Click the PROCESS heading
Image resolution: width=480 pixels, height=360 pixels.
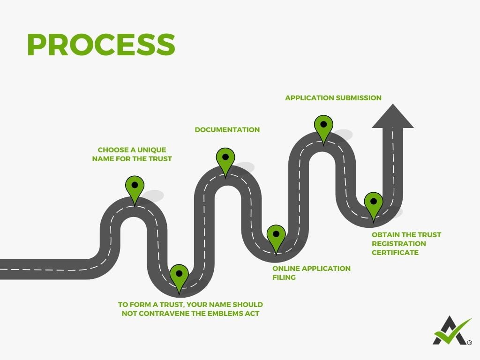tap(101, 45)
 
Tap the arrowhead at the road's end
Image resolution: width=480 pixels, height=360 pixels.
tap(393, 117)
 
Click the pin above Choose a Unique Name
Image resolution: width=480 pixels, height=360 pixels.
tap(135, 187)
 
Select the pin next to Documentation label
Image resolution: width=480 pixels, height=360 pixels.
tap(225, 159)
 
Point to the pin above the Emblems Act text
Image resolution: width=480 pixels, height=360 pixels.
tap(179, 276)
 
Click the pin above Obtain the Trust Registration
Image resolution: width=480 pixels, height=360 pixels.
tap(374, 204)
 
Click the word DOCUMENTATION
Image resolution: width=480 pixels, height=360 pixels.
tap(227, 130)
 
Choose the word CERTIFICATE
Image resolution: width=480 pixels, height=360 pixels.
tap(395, 252)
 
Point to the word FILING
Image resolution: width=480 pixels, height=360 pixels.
tap(284, 277)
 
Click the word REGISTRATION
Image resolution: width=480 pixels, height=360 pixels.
tap(399, 243)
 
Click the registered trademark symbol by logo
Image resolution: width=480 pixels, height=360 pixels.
tap(469, 343)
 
